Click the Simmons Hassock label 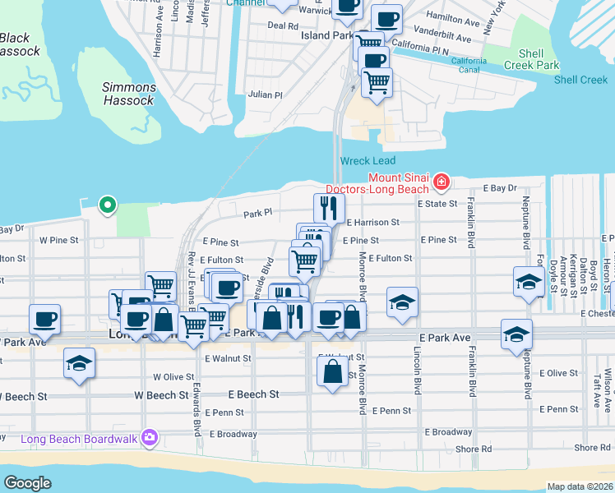coord(129,94)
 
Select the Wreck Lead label coord(367,161)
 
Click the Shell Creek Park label coord(531,58)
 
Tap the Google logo coord(28,482)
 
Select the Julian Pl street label coord(265,95)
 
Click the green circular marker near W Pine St coord(106,205)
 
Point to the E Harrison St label coord(372,222)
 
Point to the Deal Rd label coord(282,26)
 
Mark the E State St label coord(436,203)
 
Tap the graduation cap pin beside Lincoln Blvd coord(402,302)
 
